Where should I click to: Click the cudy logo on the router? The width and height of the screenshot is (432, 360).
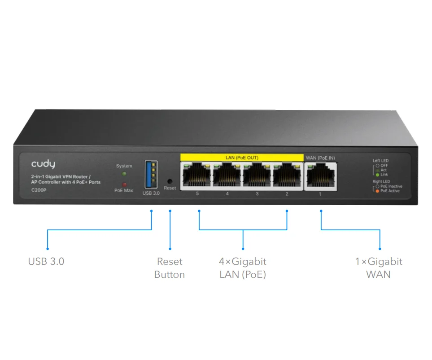[x=43, y=165]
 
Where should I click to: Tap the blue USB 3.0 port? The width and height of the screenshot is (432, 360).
[x=151, y=175]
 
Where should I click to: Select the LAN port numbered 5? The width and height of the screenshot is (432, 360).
[x=196, y=176]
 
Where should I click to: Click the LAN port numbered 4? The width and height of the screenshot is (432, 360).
[x=227, y=176]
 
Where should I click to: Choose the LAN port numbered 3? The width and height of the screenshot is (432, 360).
[x=257, y=176]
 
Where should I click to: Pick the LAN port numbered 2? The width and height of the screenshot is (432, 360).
[x=287, y=176]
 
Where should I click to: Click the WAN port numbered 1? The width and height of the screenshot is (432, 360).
[x=320, y=176]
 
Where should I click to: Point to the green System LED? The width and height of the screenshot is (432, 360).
[x=124, y=173]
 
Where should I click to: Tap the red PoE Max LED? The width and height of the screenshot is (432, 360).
[x=124, y=184]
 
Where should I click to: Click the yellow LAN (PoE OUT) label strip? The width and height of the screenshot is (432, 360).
[x=242, y=158]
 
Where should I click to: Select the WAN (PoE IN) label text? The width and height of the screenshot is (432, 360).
[x=320, y=158]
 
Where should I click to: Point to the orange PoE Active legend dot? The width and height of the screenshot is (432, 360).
[x=378, y=191]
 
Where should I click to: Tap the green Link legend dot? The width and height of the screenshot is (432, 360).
[x=378, y=175]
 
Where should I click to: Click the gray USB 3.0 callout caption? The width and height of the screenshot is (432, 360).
[x=46, y=261]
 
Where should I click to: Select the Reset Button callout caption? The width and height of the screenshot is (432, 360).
[x=170, y=268]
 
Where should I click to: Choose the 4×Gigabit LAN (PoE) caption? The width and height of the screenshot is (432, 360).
[x=243, y=268]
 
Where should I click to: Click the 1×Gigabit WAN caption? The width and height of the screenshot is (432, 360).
[x=379, y=268]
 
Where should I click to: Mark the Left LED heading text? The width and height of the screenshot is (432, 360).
[x=381, y=161]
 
